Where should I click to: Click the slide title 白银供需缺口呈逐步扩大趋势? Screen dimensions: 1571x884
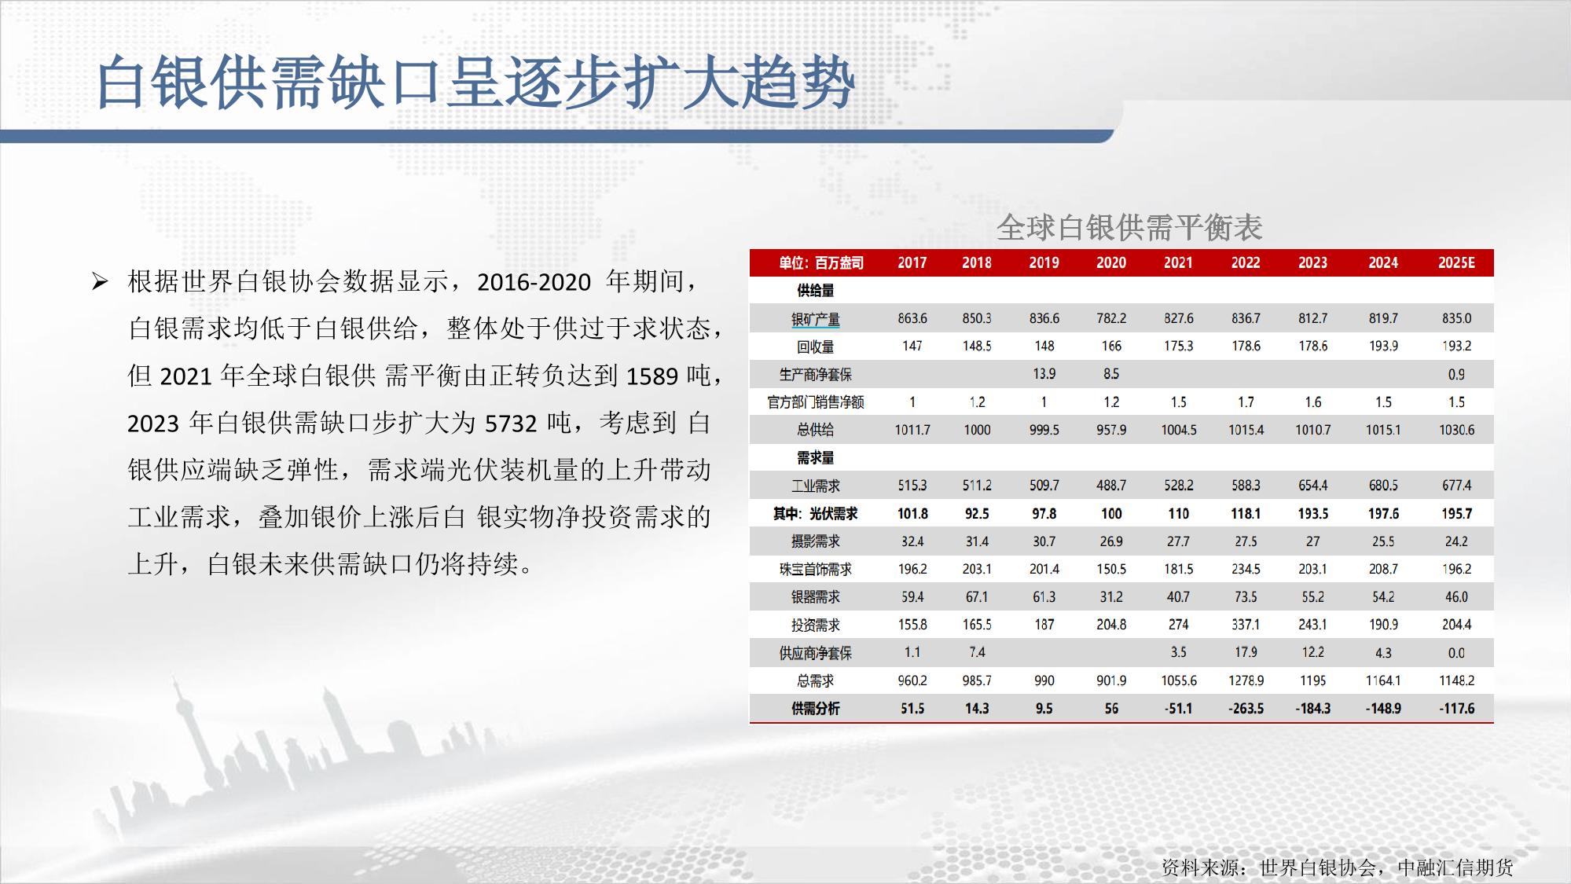[x=475, y=82]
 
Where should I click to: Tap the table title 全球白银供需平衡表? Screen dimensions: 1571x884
[x=1129, y=227]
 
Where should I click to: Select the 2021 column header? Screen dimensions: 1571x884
[x=1178, y=262]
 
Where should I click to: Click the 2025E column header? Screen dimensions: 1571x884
[x=1456, y=262]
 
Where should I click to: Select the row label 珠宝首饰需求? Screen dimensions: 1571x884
[x=816, y=569]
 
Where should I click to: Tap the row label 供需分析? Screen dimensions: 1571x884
[x=816, y=709]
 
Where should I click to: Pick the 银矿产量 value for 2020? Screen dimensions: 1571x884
[x=1111, y=318]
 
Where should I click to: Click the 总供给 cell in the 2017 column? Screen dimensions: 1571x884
[x=912, y=430]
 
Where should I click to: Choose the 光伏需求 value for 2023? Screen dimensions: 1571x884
[x=1312, y=514]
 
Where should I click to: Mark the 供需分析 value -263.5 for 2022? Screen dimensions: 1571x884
[x=1246, y=709]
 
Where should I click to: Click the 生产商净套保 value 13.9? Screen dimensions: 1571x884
[x=1044, y=374]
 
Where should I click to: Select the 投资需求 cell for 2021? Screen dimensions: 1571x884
[x=1178, y=625]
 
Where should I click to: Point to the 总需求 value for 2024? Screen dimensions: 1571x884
[x=1383, y=680]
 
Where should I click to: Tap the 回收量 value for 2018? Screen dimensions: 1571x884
[x=977, y=346]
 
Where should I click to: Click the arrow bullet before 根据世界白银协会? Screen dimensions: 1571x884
[x=99, y=281]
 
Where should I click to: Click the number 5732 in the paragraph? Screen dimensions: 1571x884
[x=510, y=424]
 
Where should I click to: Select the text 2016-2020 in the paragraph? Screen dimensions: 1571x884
[x=534, y=282]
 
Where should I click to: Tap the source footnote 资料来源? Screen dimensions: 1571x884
[x=1337, y=867]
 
